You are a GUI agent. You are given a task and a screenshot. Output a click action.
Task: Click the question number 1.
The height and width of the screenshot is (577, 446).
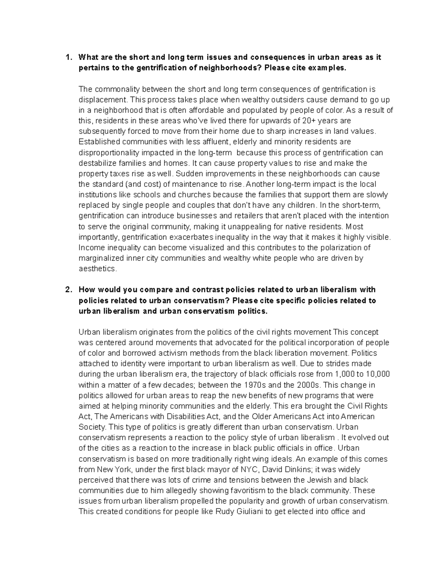[67, 58]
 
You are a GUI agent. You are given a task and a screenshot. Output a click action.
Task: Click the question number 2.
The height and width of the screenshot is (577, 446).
[67, 290]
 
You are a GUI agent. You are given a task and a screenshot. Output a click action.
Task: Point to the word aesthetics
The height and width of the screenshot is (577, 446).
[97, 269]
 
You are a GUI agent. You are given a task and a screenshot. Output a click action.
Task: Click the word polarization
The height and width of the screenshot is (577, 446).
[344, 248]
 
